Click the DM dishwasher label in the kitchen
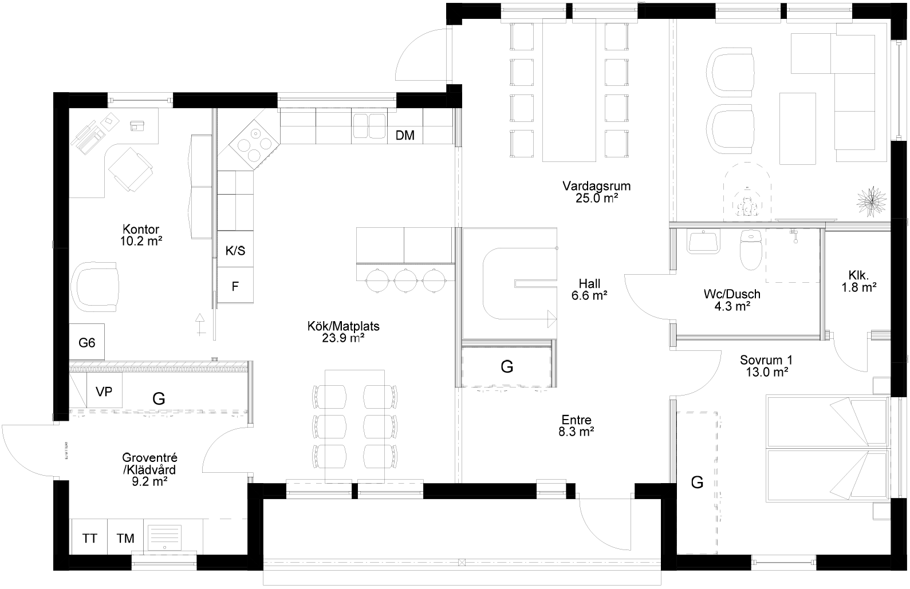(405, 136)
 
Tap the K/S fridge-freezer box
(235, 251)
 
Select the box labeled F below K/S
(235, 286)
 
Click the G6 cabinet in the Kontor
(87, 342)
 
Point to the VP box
(104, 392)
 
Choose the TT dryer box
(89, 537)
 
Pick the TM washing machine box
(125, 537)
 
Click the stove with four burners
(255, 144)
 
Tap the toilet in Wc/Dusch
(749, 250)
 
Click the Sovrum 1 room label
(765, 366)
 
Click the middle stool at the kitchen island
(405, 280)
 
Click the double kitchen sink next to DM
(369, 126)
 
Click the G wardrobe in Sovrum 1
(697, 482)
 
